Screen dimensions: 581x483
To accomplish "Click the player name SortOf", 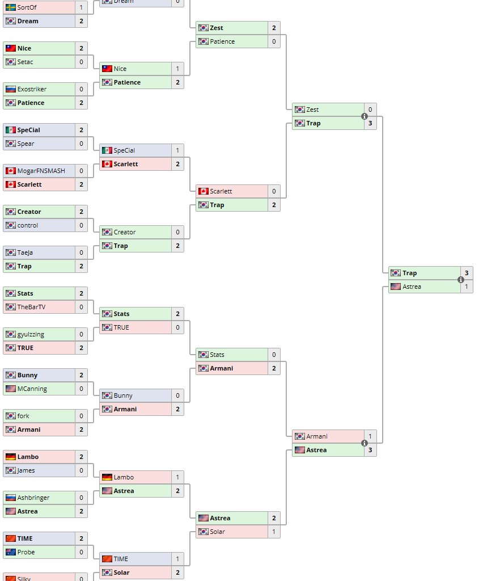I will coord(27,7).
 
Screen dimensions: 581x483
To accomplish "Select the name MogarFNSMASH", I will coord(41,171).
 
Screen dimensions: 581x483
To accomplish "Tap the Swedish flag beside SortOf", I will coord(10,7).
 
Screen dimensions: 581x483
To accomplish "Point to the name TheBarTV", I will coord(31,307).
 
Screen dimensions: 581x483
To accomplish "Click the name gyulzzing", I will coord(31,334).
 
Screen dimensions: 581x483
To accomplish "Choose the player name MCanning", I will coord(32,389).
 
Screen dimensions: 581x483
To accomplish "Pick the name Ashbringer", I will coord(33,498).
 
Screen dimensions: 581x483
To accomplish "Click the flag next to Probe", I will coord(10,552).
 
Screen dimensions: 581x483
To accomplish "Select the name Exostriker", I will coord(32,89).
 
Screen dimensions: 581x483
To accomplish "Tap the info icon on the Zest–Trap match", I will coord(365,116).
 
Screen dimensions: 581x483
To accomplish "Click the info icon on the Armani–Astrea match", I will coord(365,443).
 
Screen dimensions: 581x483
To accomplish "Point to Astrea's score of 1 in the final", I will coord(467,287).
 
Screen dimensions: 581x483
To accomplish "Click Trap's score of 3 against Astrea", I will coord(467,273).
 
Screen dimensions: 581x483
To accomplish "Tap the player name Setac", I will coord(26,62).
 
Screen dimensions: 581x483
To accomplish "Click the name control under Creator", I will coord(28,225).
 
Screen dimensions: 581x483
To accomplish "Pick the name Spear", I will coord(26,144).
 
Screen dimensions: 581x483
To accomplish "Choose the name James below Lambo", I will coord(26,470).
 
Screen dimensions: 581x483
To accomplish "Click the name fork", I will coord(23,416).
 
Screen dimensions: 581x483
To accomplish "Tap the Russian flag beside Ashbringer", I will coord(10,498).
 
